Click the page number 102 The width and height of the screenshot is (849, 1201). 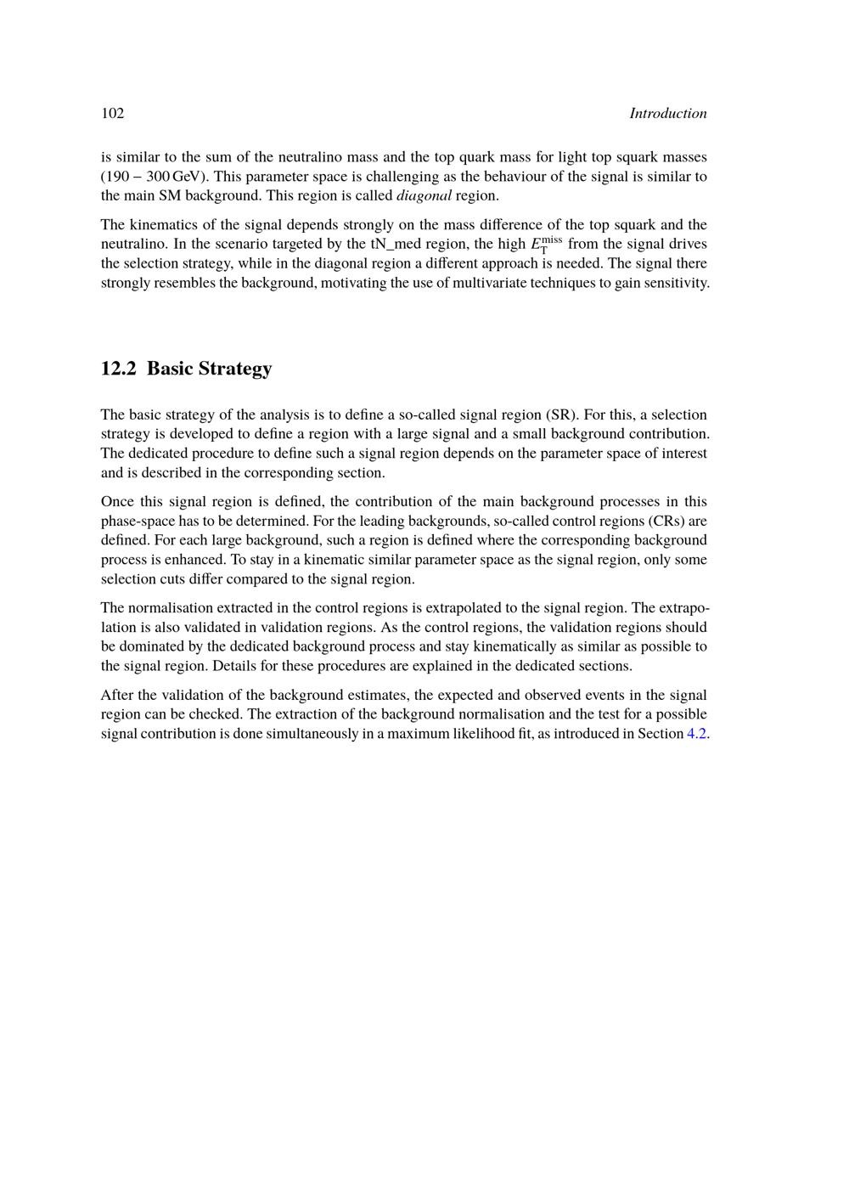[x=113, y=114]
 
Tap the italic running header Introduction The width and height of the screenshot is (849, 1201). [x=667, y=114]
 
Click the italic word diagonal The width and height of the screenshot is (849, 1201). [x=424, y=196]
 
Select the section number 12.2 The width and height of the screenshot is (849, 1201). [x=118, y=369]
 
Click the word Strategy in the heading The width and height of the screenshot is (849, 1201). [x=232, y=369]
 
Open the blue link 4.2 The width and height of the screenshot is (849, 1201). [x=696, y=734]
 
